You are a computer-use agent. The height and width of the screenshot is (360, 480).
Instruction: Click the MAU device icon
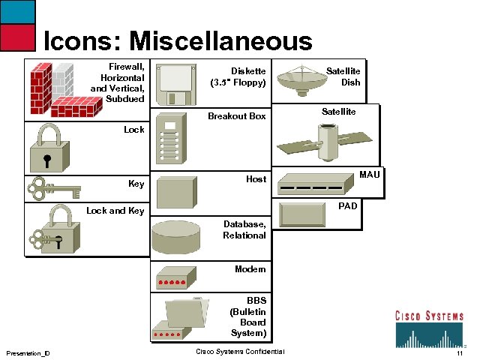coord(313,183)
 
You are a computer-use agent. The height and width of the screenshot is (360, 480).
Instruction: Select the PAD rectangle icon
coord(303,214)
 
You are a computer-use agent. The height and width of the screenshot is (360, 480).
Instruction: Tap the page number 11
coord(460,353)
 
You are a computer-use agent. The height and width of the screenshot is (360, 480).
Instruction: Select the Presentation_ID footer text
coord(28,353)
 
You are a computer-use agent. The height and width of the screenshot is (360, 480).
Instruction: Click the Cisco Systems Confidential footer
coord(240,352)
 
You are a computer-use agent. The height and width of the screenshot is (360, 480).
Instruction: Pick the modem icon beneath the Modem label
coord(171,280)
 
